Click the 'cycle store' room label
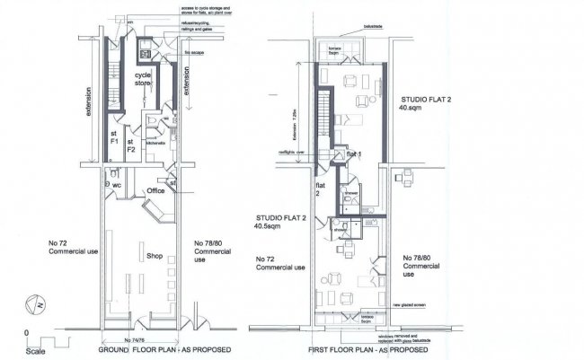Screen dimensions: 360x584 pyautogui.click(x=144, y=79)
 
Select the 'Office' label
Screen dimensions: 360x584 pyautogui.click(x=156, y=190)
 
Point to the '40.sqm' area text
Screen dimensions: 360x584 pyautogui.click(x=410, y=108)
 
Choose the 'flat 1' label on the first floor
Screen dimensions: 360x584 pyautogui.click(x=353, y=154)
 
